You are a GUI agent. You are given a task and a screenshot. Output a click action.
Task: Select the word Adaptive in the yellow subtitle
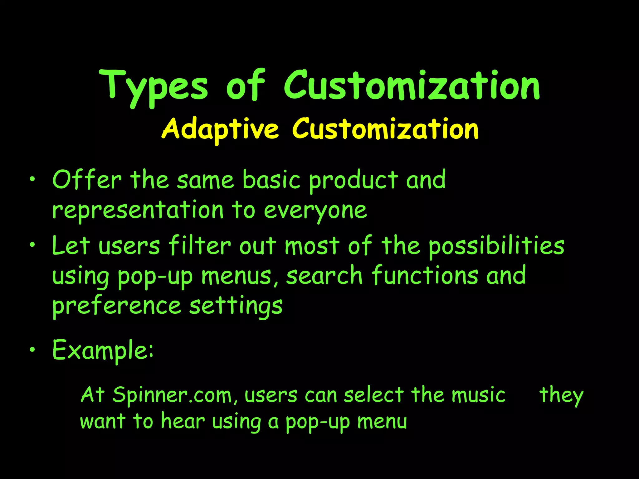[x=220, y=129]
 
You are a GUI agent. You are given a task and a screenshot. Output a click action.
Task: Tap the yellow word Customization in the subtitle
[x=385, y=129]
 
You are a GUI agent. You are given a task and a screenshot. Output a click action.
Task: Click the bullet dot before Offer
[x=32, y=180]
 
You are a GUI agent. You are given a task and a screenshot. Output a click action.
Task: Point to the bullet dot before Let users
[x=32, y=245]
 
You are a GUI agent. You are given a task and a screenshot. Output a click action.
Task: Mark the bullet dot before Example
[x=32, y=350]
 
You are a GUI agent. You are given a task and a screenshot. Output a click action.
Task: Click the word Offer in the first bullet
[x=87, y=180]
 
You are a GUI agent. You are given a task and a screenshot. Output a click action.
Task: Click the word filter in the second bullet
[x=200, y=246]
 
